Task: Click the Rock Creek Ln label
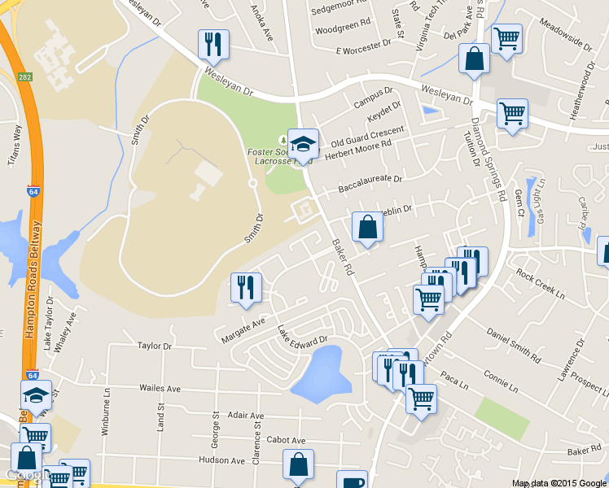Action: click(539, 284)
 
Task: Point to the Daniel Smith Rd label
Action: click(514, 345)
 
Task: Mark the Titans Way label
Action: click(14, 145)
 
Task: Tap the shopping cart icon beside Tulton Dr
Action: click(512, 114)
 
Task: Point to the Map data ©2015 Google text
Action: click(559, 482)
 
